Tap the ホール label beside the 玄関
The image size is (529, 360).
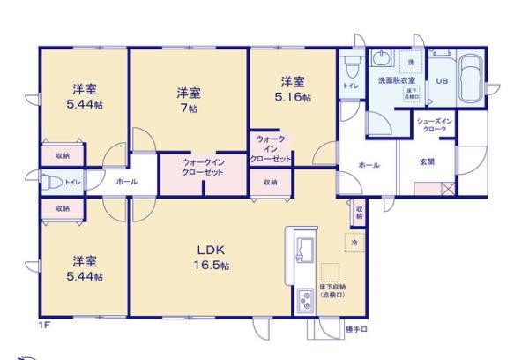(x=369, y=165)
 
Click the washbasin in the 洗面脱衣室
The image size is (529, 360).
(x=381, y=59)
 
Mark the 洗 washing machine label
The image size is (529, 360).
(x=410, y=61)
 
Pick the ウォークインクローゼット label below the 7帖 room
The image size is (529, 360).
(x=201, y=167)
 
